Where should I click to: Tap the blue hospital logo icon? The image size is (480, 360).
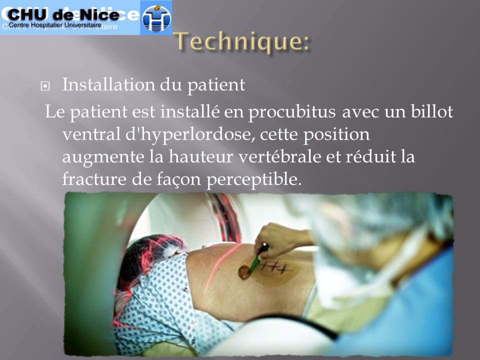(x=156, y=18)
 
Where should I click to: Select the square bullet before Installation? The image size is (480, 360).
(x=45, y=86)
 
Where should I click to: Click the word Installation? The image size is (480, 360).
(x=109, y=84)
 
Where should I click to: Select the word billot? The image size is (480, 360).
(x=431, y=111)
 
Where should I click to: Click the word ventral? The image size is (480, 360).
(x=91, y=134)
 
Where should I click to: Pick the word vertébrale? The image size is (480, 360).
(x=280, y=156)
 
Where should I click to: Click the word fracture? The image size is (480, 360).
(x=94, y=179)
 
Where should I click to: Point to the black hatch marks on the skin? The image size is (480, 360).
(x=276, y=267)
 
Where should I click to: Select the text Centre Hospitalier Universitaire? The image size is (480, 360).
(x=55, y=25)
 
